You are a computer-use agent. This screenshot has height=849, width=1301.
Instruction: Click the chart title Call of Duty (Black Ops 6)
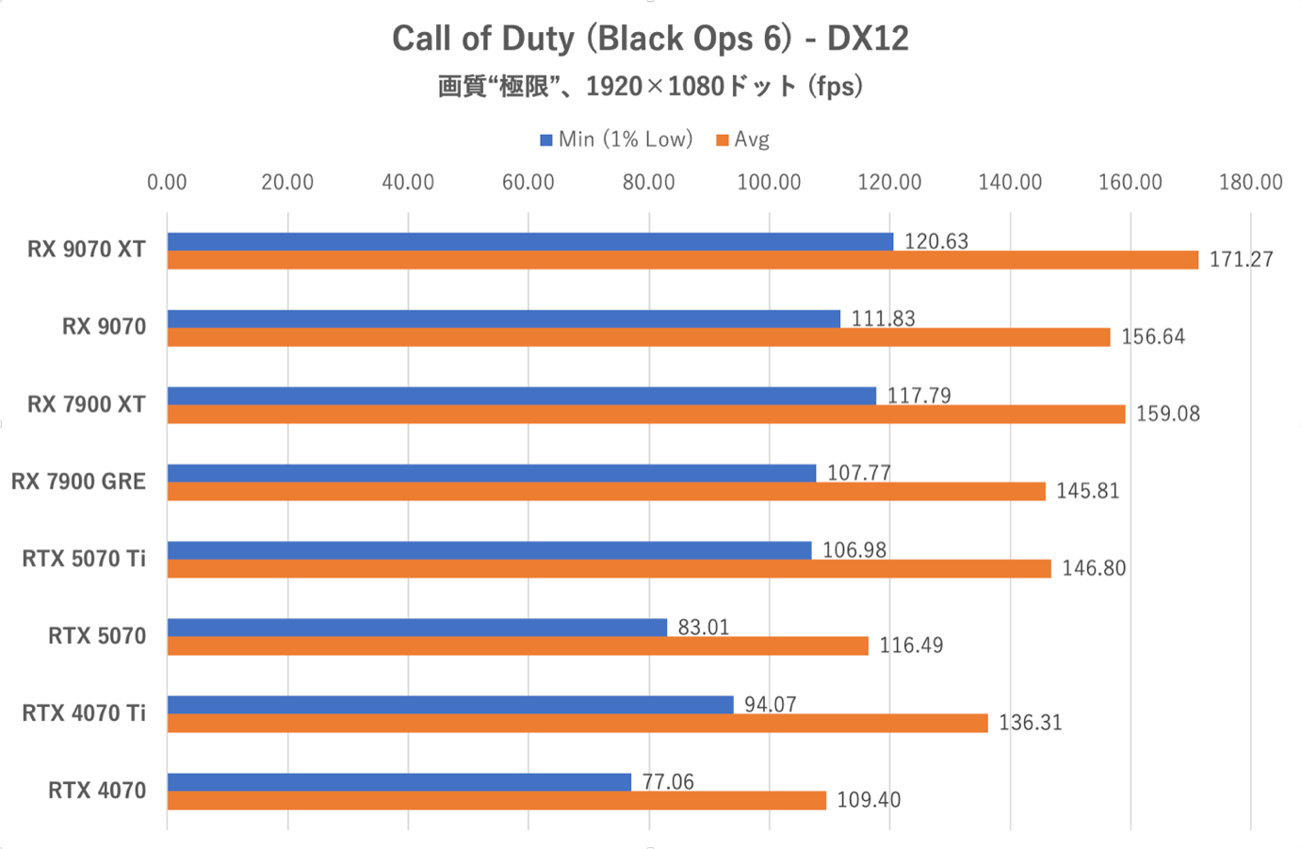[x=650, y=39]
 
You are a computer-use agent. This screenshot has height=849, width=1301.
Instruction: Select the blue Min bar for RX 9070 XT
[x=529, y=242]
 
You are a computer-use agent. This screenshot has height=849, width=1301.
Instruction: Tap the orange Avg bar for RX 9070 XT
[x=682, y=260]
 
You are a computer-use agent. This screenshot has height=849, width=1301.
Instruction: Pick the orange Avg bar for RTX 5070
[x=517, y=645]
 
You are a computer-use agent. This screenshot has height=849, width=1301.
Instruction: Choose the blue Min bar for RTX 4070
[x=398, y=782]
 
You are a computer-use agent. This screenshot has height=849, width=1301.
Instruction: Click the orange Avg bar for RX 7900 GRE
[x=606, y=491]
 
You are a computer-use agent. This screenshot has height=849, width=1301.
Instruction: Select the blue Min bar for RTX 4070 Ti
[x=450, y=705]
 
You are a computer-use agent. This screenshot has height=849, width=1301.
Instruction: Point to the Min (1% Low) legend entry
[x=616, y=139]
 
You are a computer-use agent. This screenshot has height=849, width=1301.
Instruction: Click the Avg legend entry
[x=743, y=139]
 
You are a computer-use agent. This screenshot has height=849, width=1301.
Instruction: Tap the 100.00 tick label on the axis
[x=769, y=183]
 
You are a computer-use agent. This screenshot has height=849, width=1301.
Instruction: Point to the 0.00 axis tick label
[x=167, y=183]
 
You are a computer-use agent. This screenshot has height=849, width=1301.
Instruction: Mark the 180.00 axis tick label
[x=1250, y=183]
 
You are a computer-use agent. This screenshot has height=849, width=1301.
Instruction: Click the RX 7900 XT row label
[x=87, y=404]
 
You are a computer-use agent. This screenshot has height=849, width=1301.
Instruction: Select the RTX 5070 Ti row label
[x=84, y=559]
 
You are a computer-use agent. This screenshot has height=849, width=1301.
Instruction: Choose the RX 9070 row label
[x=104, y=327]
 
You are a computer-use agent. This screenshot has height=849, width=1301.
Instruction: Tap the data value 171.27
[x=1241, y=260]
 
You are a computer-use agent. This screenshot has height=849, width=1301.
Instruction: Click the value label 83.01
[x=704, y=628]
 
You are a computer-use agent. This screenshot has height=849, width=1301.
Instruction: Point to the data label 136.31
[x=1030, y=723]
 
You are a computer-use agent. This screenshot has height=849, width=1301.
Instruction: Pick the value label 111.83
[x=883, y=319]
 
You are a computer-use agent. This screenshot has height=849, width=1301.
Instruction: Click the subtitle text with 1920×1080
[x=650, y=87]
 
